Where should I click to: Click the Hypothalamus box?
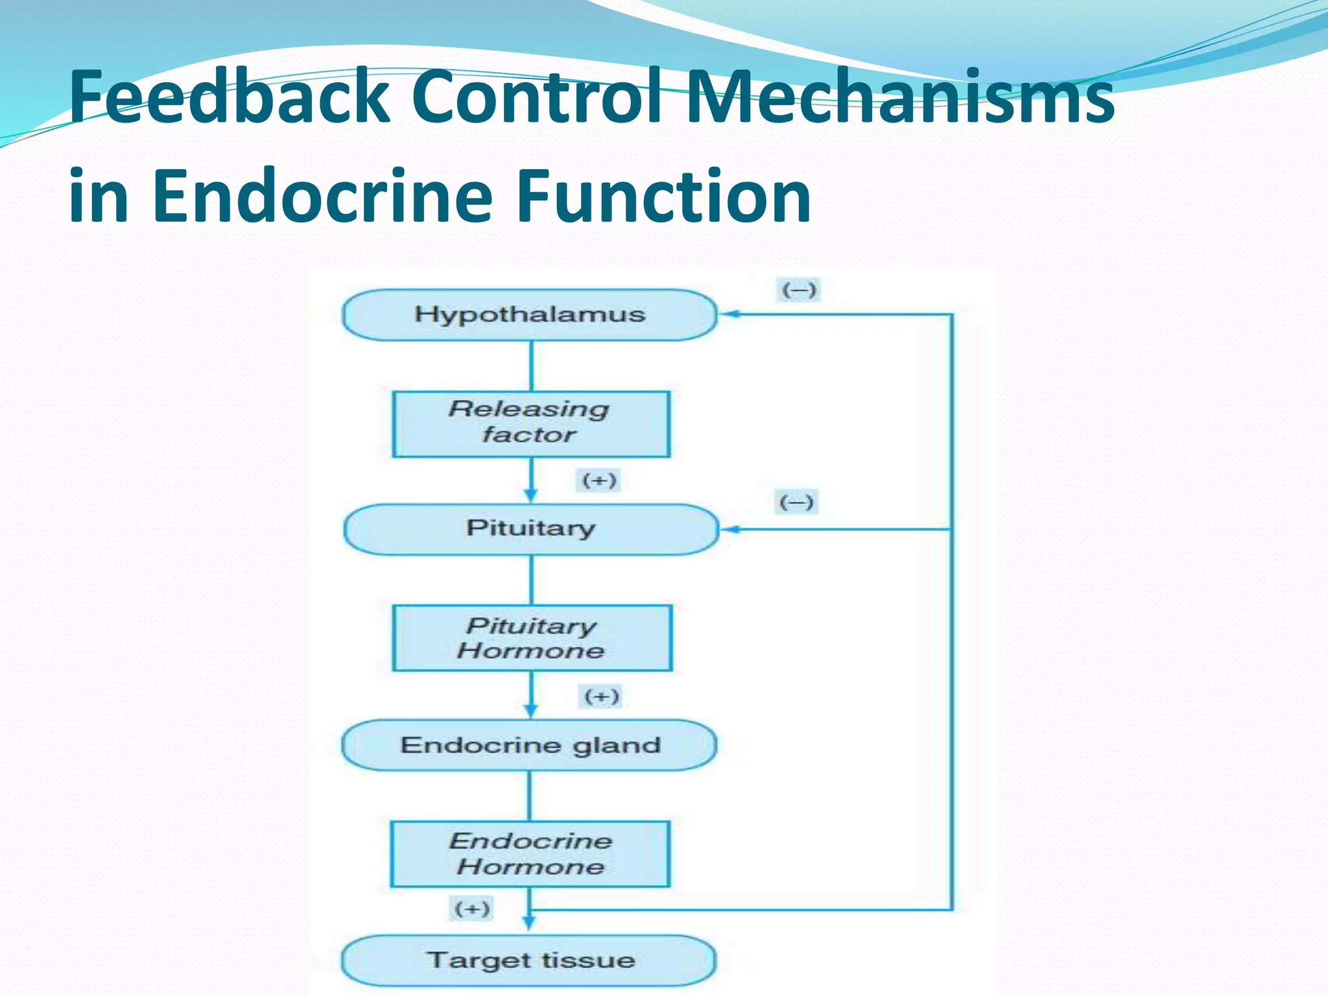[x=529, y=314]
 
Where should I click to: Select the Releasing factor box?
[x=530, y=423]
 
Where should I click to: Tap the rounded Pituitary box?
[x=530, y=529]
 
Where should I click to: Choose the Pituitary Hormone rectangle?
[x=532, y=637]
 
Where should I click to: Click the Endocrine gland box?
[x=529, y=745]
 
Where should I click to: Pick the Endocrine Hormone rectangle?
[x=530, y=853]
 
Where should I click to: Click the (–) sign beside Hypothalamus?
[x=798, y=290]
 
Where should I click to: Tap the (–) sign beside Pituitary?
[x=796, y=502]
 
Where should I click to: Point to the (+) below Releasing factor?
[x=599, y=480]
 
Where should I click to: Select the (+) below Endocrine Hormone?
[x=471, y=908]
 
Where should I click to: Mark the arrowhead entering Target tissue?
[x=529, y=923]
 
